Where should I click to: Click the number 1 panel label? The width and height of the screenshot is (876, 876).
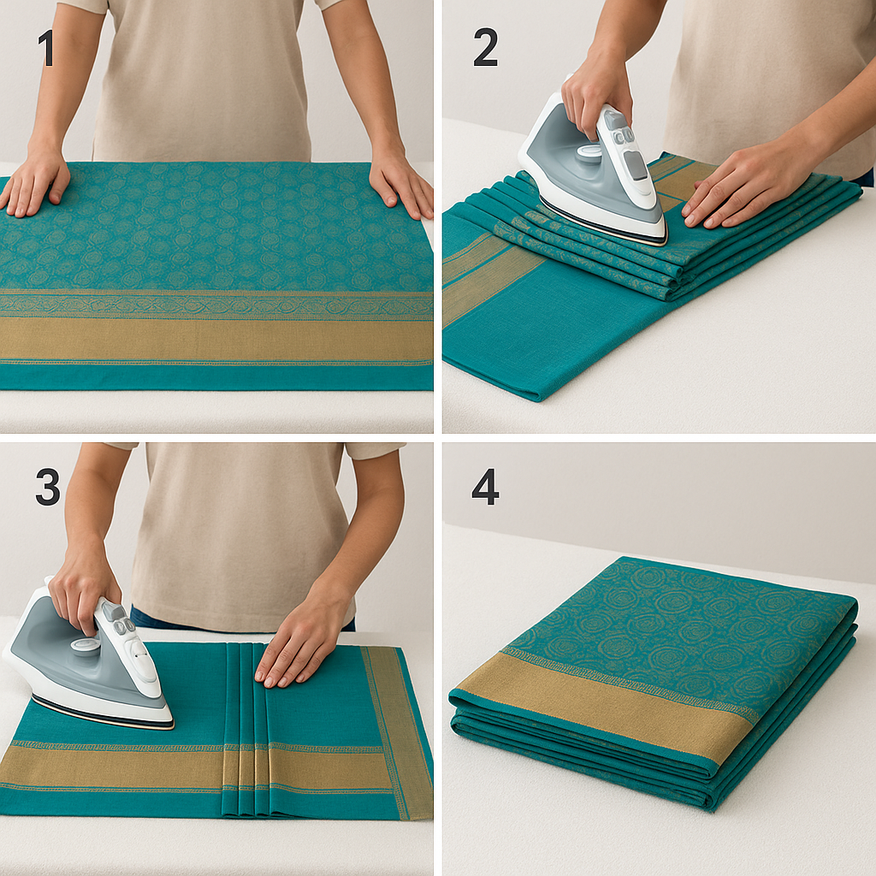(45, 48)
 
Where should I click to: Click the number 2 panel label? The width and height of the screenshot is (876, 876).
(485, 48)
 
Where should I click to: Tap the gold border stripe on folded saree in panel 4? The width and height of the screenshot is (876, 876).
(599, 701)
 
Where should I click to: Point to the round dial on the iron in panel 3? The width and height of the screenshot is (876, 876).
(86, 646)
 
